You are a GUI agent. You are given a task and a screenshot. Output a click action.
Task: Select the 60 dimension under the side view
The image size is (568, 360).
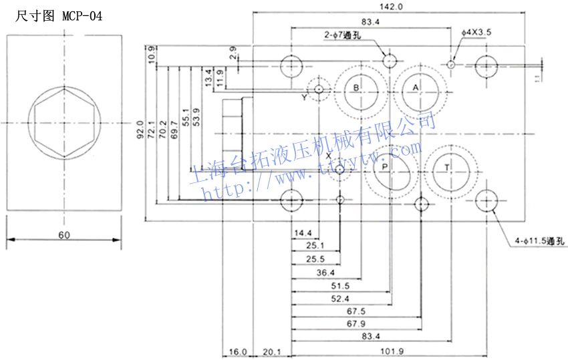coord(63,235)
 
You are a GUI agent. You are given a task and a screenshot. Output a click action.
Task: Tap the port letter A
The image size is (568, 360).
coord(415,87)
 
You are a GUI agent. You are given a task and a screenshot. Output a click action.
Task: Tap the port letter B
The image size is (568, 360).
coord(356,87)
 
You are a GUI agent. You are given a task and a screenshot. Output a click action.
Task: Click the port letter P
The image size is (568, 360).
coord(384,167)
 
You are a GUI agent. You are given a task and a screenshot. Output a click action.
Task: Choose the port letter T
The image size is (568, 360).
coord(447,167)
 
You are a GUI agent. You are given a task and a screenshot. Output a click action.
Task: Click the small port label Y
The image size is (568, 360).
coord(304,98)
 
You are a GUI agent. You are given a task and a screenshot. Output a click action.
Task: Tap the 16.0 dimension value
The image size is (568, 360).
coord(238,352)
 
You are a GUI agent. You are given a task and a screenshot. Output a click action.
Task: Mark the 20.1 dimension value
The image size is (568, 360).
coord(272,352)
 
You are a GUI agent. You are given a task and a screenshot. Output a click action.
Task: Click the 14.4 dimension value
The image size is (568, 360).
coord(303,232)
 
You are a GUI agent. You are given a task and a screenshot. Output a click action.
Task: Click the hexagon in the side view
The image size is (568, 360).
coord(63,123)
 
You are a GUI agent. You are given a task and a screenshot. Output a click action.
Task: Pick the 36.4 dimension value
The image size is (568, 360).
coord(325,272)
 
